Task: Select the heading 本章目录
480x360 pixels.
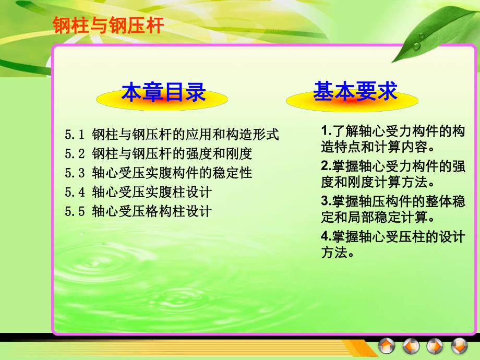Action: pyautogui.click(x=163, y=93)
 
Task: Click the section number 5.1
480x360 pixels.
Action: pyautogui.click(x=75, y=135)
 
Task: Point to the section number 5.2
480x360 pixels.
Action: pyautogui.click(x=75, y=154)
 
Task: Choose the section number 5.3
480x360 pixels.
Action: pyautogui.click(x=75, y=173)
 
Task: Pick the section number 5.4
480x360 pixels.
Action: pyautogui.click(x=75, y=192)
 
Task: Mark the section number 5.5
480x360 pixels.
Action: pyautogui.click(x=75, y=211)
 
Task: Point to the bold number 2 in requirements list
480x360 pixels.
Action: pyautogui.click(x=323, y=166)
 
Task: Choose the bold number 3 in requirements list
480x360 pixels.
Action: pyautogui.click(x=323, y=201)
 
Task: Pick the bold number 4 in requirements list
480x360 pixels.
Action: pyautogui.click(x=323, y=237)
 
